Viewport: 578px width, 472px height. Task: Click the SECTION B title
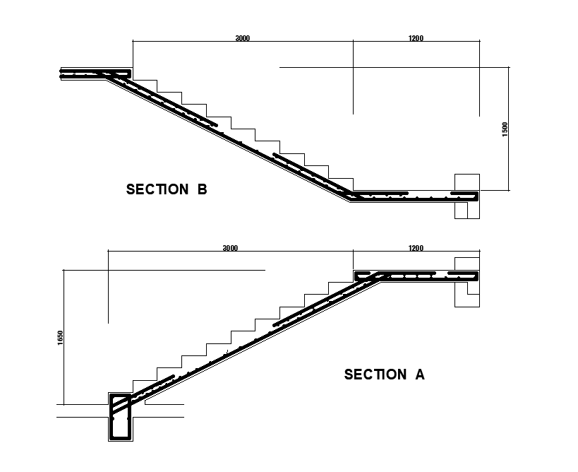166,189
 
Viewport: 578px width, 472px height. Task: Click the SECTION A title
384,374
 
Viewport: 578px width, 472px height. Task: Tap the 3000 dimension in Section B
242,38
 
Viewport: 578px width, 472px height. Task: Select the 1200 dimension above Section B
416,38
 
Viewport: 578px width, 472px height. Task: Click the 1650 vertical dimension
60,338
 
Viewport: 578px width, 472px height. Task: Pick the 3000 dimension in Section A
230,248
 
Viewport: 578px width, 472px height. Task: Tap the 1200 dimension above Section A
416,248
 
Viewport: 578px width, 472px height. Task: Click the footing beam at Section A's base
120,419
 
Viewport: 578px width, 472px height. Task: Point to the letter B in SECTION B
202,189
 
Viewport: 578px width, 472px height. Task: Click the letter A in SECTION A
419,374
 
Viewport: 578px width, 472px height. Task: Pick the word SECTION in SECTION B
157,189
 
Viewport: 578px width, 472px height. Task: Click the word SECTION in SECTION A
375,374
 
